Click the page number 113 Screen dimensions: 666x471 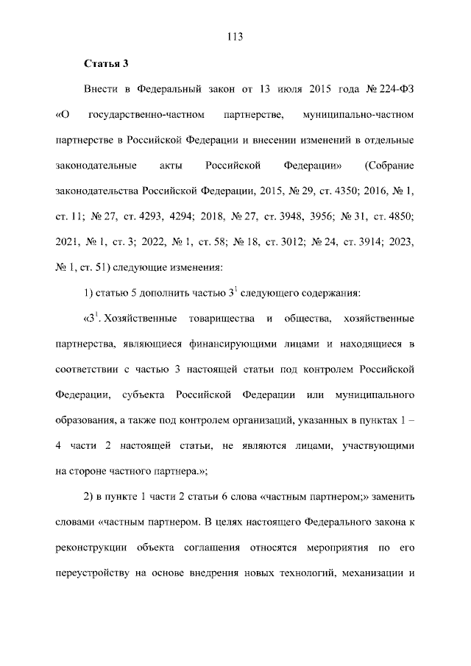235,37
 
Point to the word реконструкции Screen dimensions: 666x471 89,548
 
